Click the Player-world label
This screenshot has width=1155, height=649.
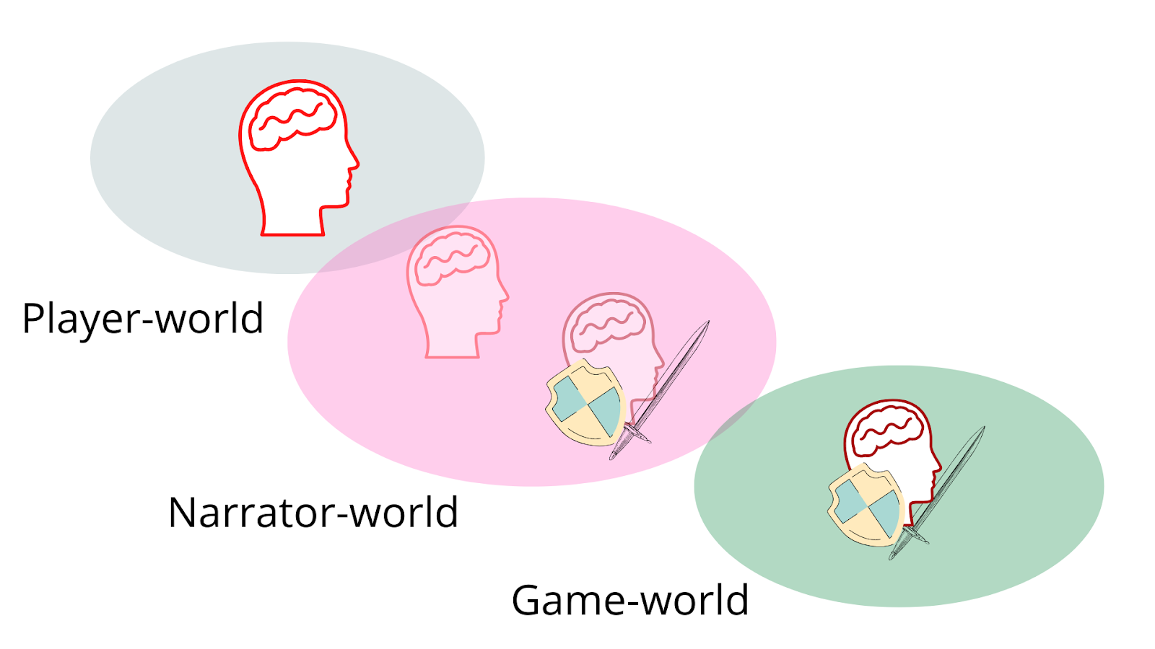[x=143, y=319]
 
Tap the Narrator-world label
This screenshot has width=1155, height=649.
[x=313, y=513]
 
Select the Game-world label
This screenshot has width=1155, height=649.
[x=630, y=600]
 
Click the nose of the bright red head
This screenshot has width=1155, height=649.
[x=354, y=162]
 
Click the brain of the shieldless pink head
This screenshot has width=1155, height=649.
[x=453, y=256]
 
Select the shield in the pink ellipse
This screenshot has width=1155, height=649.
[x=585, y=401]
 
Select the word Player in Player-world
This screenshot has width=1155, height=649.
[x=82, y=319]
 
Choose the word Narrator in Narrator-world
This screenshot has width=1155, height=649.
[x=250, y=513]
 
